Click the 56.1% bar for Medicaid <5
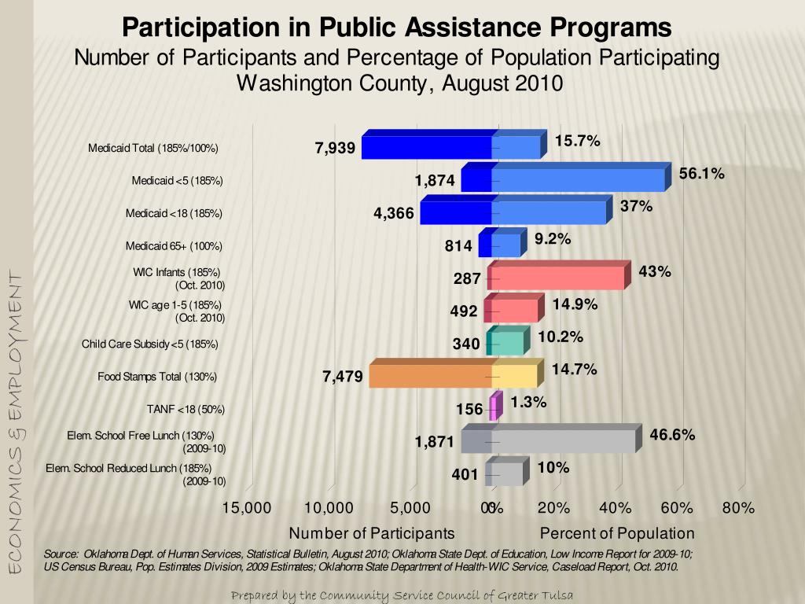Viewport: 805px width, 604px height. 578,180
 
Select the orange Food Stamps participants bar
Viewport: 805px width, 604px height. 430,376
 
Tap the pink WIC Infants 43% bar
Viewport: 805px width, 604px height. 557,278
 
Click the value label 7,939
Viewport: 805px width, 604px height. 335,148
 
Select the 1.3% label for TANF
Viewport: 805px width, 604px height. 528,402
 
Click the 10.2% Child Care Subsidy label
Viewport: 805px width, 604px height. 561,337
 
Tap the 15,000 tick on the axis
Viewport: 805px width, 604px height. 247,508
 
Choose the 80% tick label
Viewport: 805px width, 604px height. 738,508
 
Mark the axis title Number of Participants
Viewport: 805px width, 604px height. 372,533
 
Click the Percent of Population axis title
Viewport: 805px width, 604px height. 617,533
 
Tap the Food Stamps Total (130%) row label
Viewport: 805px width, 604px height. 157,377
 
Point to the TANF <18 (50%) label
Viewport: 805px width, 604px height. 186,409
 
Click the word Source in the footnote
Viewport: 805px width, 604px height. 61,553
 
